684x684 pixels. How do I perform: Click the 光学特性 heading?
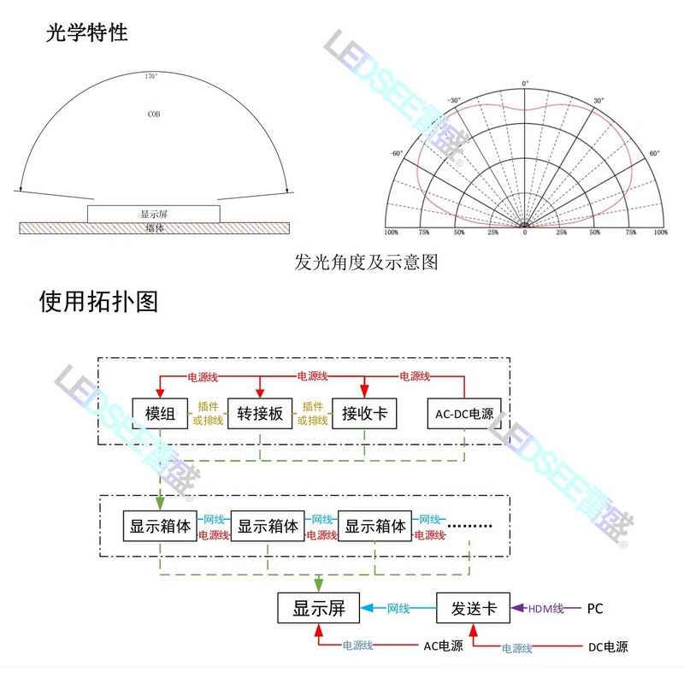(x=86, y=32)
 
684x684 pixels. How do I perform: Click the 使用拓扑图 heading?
(x=98, y=301)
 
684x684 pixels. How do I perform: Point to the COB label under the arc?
(x=153, y=113)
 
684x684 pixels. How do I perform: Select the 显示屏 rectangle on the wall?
(x=153, y=213)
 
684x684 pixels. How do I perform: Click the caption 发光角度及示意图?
(x=366, y=262)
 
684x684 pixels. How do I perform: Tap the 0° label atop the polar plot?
(x=525, y=84)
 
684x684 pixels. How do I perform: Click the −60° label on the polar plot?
(x=396, y=154)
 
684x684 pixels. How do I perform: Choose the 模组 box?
(x=160, y=415)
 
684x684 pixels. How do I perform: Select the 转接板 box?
(x=261, y=415)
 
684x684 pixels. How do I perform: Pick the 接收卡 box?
(x=365, y=415)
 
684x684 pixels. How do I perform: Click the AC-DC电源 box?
(x=465, y=415)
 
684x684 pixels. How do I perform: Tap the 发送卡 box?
(x=473, y=609)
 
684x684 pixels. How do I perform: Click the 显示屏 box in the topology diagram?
(x=319, y=609)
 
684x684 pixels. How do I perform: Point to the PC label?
(x=595, y=609)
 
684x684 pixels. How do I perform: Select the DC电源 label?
(x=607, y=646)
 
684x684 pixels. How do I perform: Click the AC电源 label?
(x=444, y=646)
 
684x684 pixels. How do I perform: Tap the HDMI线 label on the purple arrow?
(x=545, y=609)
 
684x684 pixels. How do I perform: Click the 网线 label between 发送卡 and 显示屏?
(x=398, y=609)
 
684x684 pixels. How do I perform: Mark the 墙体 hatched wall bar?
(x=154, y=228)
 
